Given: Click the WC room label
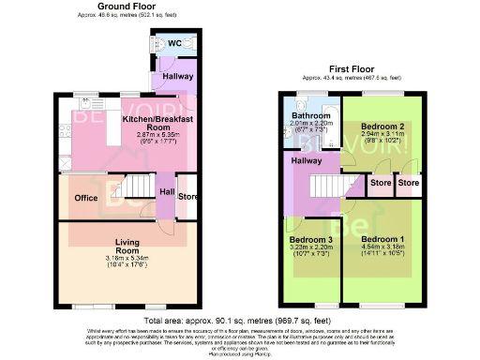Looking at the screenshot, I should pyautogui.click(x=175, y=44).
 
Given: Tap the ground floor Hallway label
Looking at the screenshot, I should pyautogui.click(x=177, y=76).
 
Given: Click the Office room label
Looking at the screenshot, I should pyautogui.click(x=87, y=198).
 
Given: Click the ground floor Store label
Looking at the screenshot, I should pyautogui.click(x=188, y=197).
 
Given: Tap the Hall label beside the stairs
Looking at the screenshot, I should pyautogui.click(x=166, y=192).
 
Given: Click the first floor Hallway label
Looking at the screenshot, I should pyautogui.click(x=306, y=161).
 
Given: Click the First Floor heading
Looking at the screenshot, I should pyautogui.click(x=350, y=68).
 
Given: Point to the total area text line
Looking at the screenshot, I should pyautogui.click(x=240, y=321).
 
